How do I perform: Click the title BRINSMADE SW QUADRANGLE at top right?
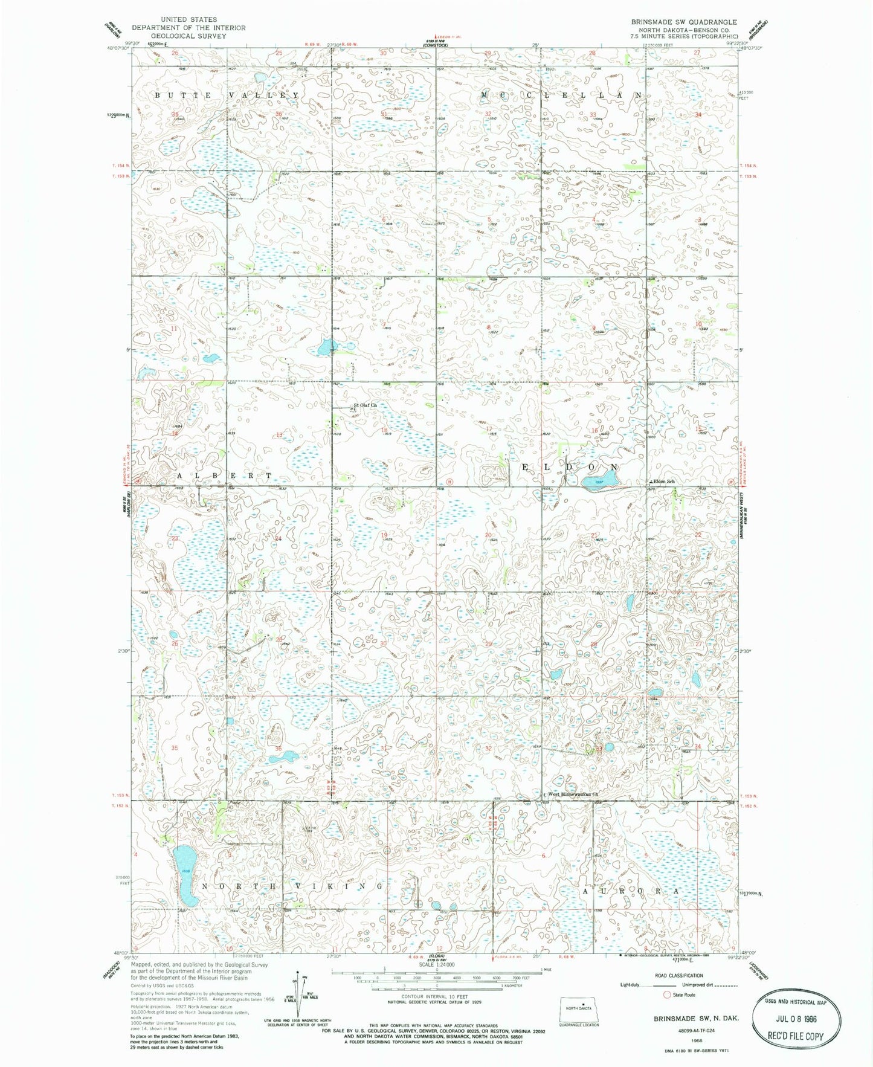(x=684, y=22)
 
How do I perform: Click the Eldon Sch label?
(x=663, y=481)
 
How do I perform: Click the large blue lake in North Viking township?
(x=184, y=876)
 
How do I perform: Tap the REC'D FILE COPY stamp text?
(x=795, y=1036)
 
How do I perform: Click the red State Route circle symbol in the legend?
(x=667, y=994)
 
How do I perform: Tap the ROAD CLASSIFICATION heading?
(x=679, y=975)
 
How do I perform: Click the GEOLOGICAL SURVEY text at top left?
(x=188, y=36)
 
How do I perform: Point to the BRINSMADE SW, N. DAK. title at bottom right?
(x=688, y=1017)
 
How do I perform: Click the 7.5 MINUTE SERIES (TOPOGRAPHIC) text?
(x=685, y=36)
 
